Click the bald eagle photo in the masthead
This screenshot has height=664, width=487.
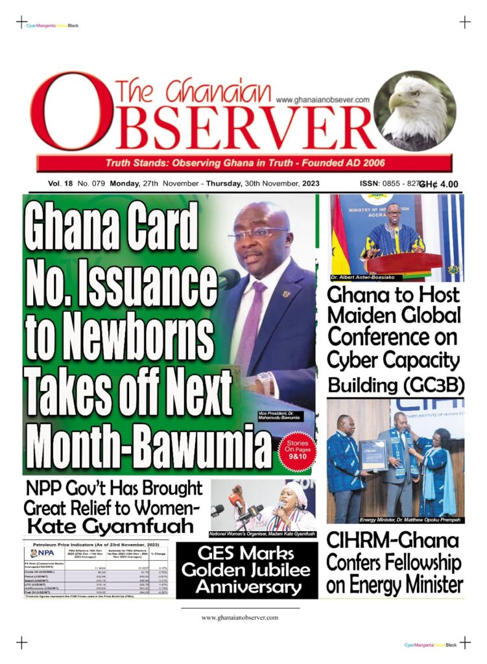tap(414, 110)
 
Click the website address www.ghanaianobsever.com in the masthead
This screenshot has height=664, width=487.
tap(322, 100)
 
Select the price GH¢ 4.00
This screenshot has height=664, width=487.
tap(439, 184)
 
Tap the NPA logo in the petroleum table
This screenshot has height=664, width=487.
tap(43, 553)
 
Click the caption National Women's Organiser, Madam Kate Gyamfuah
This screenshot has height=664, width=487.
tap(262, 534)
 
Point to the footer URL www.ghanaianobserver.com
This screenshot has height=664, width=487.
tap(240, 617)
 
